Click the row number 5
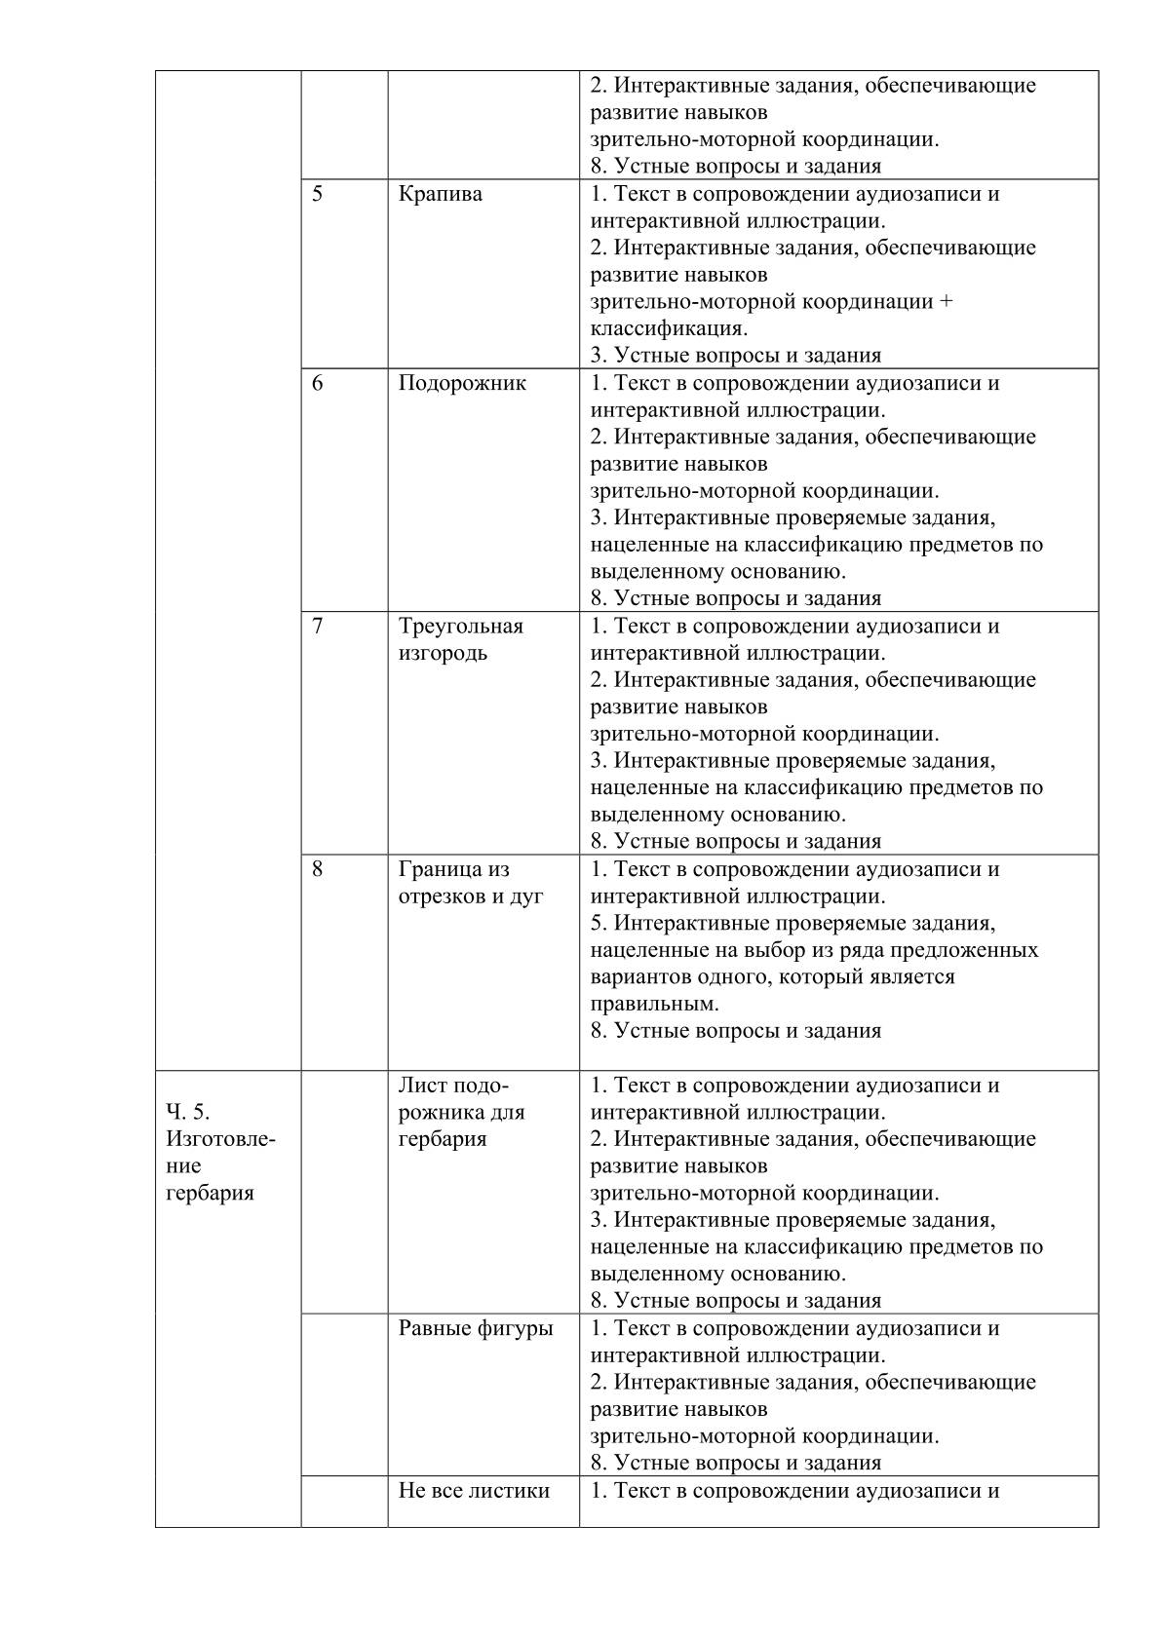(x=318, y=194)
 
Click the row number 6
(x=318, y=383)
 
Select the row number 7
(x=318, y=627)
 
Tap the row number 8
(x=318, y=869)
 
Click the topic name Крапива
(x=440, y=194)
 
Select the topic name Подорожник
(x=462, y=383)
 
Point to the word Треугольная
(x=460, y=627)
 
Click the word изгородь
(x=443, y=653)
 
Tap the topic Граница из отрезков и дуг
(x=470, y=883)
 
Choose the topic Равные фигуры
(x=475, y=1328)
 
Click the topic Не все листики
(x=474, y=1490)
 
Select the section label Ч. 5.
(x=188, y=1112)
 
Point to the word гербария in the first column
(x=210, y=1193)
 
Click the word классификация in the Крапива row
(x=668, y=328)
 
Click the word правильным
(x=654, y=1004)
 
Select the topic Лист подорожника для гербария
(x=460, y=1112)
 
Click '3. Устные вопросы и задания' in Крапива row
(x=735, y=356)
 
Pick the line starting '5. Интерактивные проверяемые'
(x=793, y=923)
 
